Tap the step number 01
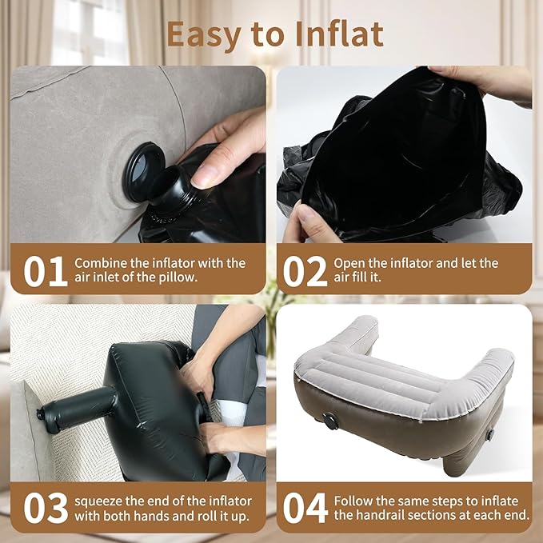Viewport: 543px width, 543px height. pos(45,271)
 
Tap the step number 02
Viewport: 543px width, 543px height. pos(305,271)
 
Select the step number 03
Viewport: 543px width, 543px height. pos(45,507)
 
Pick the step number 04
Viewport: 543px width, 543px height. pos(305,507)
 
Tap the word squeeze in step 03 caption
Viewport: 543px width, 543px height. pos(99,500)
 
